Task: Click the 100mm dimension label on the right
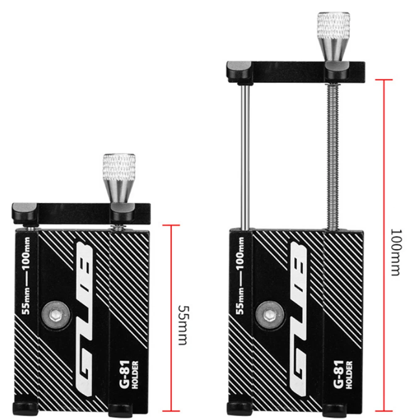click(395, 252)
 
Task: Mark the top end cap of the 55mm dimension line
click(171, 226)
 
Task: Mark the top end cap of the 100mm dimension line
click(384, 79)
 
